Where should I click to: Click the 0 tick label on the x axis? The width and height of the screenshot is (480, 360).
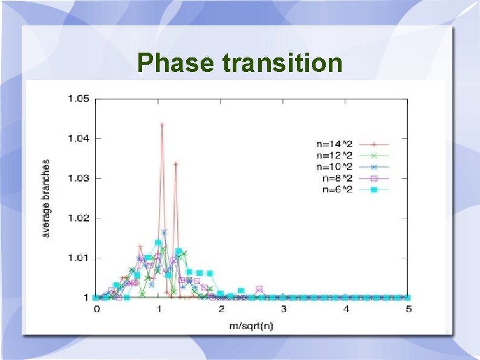click(97, 309)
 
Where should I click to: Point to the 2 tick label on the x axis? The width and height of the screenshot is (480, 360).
click(221, 309)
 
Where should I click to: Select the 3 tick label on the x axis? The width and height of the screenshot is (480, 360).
click(284, 309)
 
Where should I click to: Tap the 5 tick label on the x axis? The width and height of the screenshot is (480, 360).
click(409, 309)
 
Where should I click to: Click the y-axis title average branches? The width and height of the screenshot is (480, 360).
click(47, 198)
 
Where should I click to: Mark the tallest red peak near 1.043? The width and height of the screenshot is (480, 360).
click(162, 125)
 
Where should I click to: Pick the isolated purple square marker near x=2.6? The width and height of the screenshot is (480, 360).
click(259, 289)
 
